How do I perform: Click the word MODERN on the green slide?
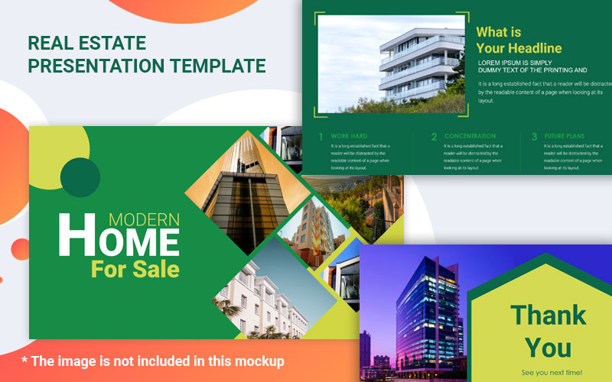[x=144, y=219]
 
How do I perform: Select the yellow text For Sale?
[x=135, y=269]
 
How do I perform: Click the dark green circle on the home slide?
[x=80, y=178]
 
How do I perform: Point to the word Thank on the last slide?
[x=548, y=314]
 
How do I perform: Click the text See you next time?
[x=552, y=372]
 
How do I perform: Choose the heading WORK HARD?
[x=349, y=136]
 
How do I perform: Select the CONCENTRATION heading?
[x=470, y=136]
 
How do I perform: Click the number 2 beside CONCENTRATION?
[x=434, y=138]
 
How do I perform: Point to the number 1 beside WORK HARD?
[x=321, y=138]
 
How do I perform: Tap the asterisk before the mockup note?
[x=24, y=360]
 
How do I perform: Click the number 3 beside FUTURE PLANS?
[x=534, y=138]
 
